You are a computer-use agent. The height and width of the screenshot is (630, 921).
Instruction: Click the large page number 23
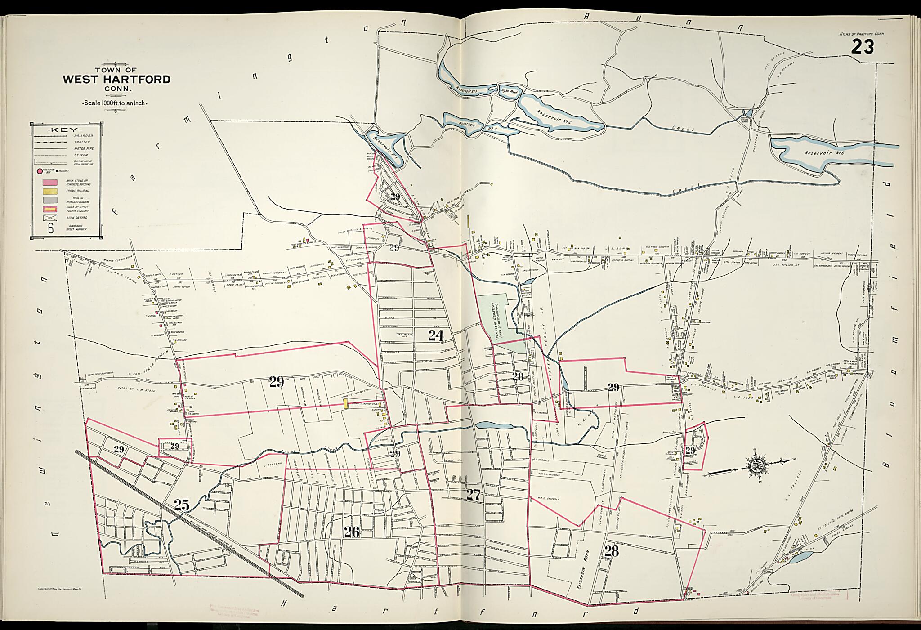pos(862,47)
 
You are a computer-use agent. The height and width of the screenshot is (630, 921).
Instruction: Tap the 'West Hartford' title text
pos(116,80)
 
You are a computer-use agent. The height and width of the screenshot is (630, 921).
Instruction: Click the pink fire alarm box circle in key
pos(40,171)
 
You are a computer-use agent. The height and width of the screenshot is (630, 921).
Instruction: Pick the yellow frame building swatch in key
pos(49,192)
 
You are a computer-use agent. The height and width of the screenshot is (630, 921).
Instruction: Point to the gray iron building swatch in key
pos(49,200)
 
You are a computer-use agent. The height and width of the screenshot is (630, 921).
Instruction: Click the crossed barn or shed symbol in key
pos(49,218)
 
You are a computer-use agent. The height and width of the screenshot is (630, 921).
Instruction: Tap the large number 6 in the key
pos(50,228)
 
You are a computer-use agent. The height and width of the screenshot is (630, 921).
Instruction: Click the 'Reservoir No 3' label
pos(466,90)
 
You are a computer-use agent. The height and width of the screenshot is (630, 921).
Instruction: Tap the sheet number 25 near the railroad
pos(181,505)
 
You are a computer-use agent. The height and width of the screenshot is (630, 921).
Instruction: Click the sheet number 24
pos(436,335)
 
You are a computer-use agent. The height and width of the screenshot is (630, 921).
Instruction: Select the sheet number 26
pos(352,532)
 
